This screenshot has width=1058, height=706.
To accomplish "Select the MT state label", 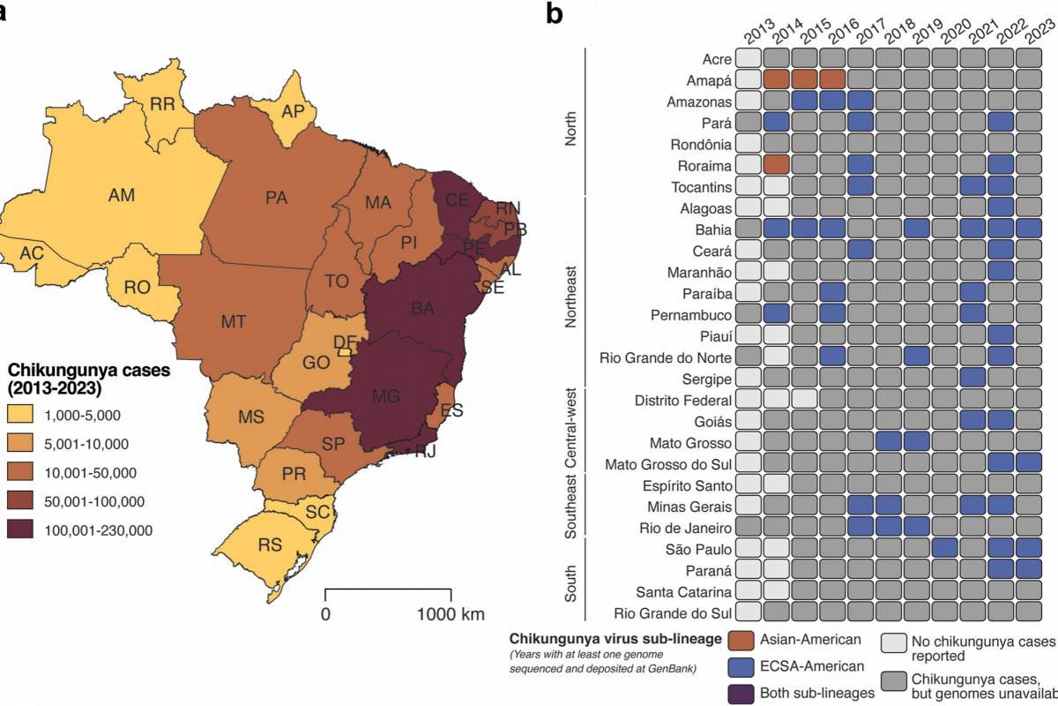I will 233,322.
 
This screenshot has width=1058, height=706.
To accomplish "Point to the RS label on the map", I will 270,545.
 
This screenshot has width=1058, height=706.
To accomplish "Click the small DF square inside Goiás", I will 346,350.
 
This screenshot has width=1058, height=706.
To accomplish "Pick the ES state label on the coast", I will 451,410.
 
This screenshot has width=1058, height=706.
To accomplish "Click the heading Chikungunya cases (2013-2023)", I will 88,379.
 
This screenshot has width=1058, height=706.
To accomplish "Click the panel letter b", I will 555,14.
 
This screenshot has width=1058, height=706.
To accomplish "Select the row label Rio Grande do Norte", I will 666,357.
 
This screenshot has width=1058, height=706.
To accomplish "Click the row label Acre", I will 717,59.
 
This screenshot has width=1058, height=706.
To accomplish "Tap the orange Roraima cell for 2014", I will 776,164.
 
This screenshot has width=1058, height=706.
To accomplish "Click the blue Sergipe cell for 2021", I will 973,378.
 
